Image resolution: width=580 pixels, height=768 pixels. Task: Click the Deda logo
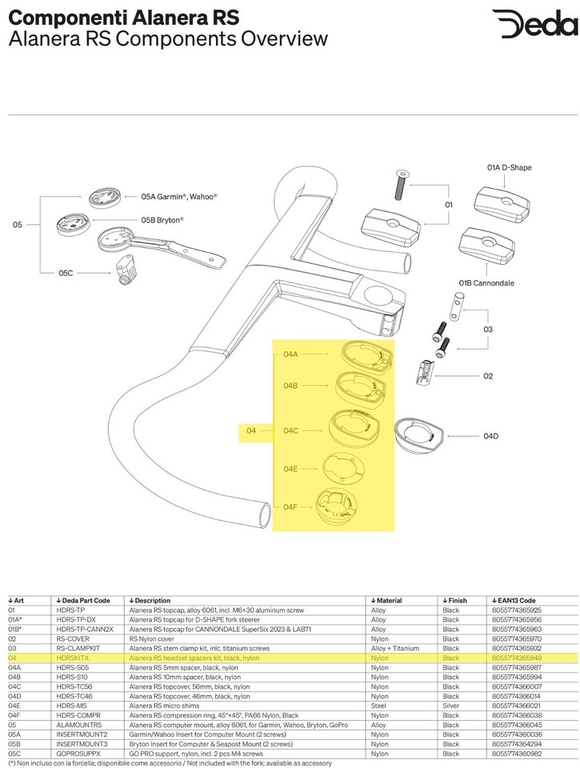(x=534, y=24)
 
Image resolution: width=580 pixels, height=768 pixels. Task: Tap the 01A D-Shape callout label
(x=509, y=167)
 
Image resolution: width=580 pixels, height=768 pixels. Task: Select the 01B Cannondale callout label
(x=486, y=283)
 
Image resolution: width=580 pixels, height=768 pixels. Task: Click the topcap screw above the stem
(x=401, y=185)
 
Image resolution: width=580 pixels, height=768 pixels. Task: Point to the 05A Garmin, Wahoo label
(x=179, y=197)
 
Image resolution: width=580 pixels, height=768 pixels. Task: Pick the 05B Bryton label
(x=162, y=221)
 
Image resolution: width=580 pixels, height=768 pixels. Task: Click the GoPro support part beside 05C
(x=125, y=271)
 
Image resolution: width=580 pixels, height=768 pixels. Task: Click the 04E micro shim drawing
(x=342, y=468)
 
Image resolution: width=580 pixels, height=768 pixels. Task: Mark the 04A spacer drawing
(x=367, y=354)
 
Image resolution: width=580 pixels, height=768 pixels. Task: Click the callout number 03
(x=488, y=329)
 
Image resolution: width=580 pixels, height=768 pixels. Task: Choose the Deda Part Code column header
(x=83, y=601)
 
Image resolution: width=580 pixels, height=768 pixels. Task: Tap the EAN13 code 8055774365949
(x=517, y=658)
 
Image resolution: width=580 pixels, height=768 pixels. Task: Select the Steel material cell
(x=378, y=706)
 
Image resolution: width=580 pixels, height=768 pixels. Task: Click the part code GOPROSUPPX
(x=78, y=754)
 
